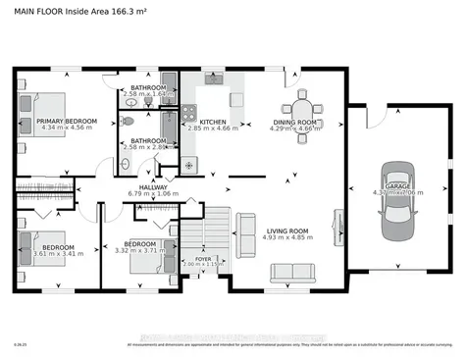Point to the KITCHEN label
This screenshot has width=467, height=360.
coord(213,121)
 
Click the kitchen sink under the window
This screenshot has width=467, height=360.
coord(214,77)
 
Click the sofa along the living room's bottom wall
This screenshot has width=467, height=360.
coord(290,272)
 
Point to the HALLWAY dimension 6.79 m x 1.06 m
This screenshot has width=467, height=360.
coord(154,193)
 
